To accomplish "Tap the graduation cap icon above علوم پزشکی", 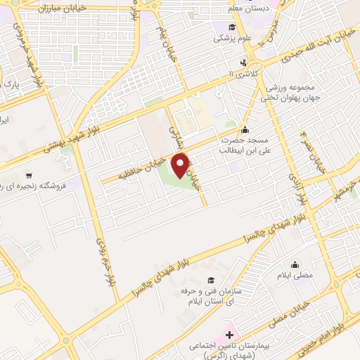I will [x=231, y=27].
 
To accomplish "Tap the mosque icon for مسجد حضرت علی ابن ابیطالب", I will [x=244, y=129].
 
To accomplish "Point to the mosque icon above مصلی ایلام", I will [x=295, y=264].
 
